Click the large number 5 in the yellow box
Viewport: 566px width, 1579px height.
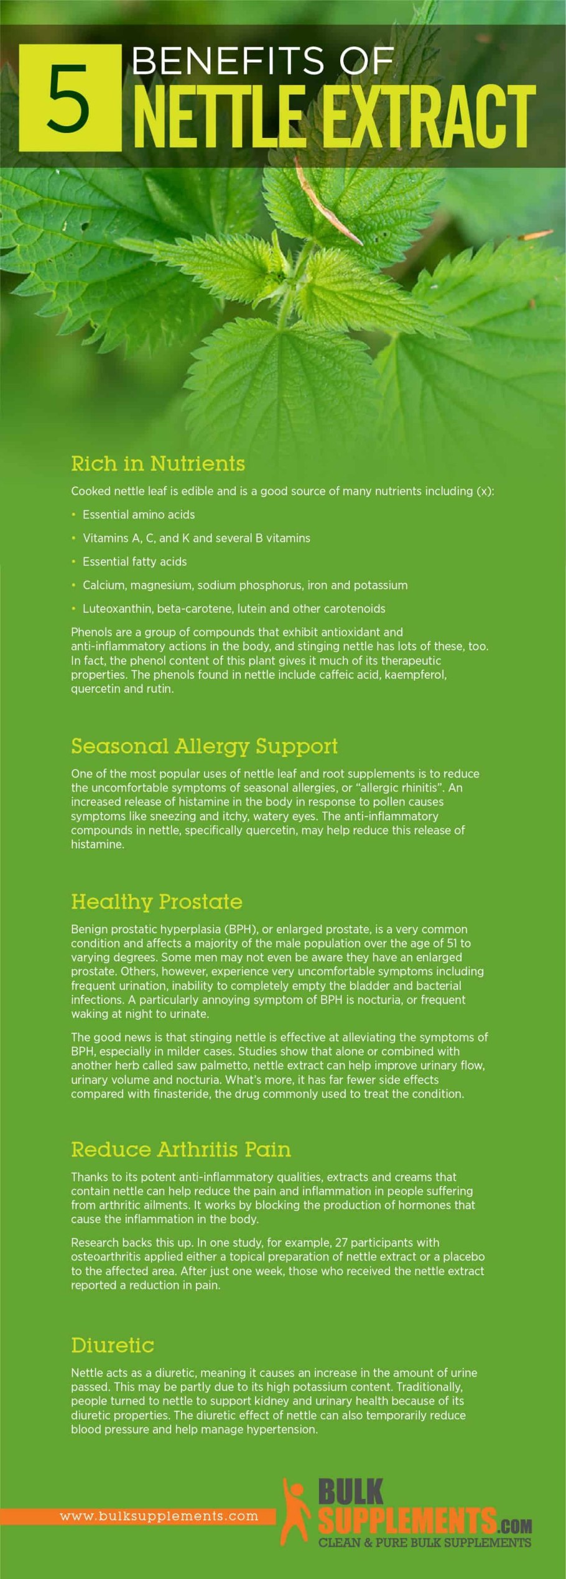click(x=69, y=99)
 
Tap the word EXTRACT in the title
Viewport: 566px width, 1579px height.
click(x=429, y=117)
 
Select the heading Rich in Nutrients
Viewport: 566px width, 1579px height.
click(x=158, y=464)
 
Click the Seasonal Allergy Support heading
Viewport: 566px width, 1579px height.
click(x=204, y=746)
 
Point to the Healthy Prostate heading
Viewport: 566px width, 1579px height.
click(x=157, y=902)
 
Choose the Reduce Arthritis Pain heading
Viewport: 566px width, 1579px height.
click(x=181, y=1150)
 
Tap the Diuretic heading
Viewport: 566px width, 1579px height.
click(x=113, y=1345)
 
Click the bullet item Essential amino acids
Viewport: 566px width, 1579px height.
click(x=138, y=515)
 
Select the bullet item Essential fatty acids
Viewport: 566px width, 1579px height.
click(x=134, y=562)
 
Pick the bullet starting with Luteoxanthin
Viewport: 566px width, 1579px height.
click(x=233, y=609)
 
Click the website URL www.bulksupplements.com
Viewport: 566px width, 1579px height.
click(x=159, y=1516)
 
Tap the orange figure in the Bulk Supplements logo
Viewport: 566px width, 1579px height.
click(x=295, y=1510)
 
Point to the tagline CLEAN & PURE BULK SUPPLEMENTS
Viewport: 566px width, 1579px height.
click(x=424, y=1542)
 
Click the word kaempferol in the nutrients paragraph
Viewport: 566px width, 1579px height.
click(x=415, y=675)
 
